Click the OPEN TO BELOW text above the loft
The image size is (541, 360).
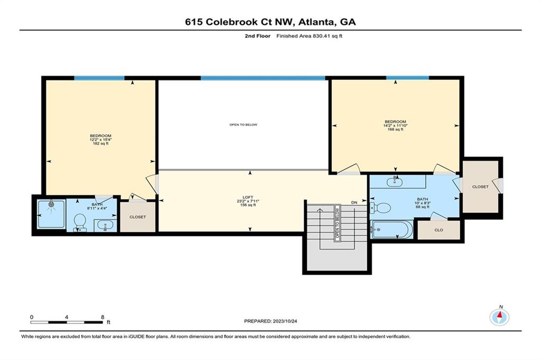[243, 125]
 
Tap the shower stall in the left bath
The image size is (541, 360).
[51, 214]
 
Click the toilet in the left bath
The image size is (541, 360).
[80, 222]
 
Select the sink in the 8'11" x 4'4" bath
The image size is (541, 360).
[105, 226]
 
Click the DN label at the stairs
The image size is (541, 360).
[354, 202]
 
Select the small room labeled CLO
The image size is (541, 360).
[439, 230]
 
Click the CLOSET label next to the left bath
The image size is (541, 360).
[137, 217]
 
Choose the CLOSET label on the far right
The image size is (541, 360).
[480, 187]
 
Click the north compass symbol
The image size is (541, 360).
[499, 317]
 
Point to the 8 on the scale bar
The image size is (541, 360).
[102, 317]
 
